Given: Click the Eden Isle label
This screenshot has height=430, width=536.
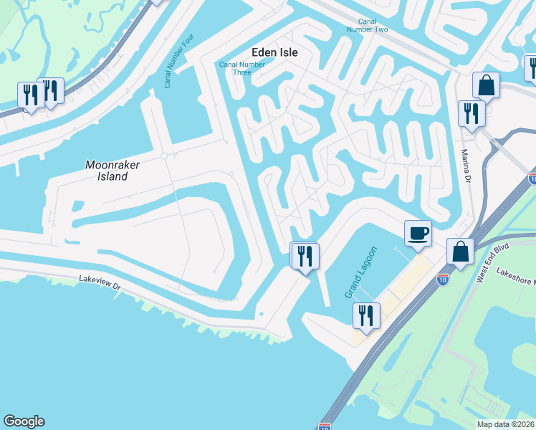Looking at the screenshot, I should [x=274, y=52].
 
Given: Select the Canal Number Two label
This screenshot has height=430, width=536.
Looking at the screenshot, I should [x=367, y=25].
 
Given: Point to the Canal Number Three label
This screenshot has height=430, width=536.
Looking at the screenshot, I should [x=241, y=68].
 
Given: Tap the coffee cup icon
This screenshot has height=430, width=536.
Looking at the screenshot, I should [x=418, y=233].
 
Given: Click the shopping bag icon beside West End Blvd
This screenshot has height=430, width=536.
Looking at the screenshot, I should [x=460, y=252].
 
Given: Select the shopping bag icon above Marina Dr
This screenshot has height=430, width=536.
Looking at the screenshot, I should [x=486, y=85].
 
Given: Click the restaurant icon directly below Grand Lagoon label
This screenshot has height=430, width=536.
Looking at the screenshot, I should [x=367, y=315].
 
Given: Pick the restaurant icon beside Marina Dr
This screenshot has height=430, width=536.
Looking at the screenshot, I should [x=472, y=113].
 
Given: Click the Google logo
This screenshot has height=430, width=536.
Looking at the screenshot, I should [x=24, y=421].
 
